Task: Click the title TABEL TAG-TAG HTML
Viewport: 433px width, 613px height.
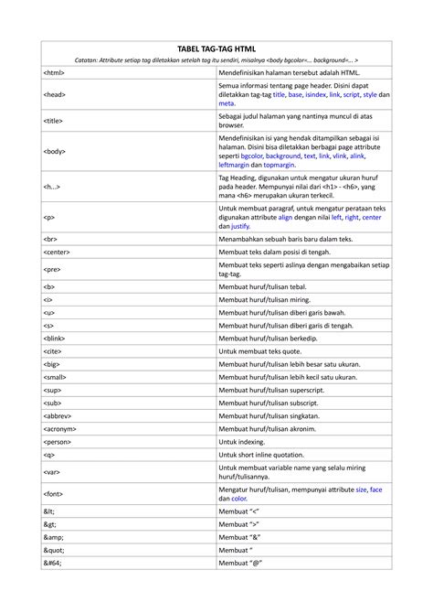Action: [x=216, y=48]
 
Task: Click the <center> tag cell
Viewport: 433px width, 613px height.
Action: [x=58, y=251]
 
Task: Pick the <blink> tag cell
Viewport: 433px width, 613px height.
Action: [x=55, y=338]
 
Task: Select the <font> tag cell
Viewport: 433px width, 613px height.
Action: [x=54, y=493]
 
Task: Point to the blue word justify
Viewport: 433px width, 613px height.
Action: [x=240, y=225]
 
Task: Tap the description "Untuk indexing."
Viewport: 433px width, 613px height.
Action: [x=247, y=441]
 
